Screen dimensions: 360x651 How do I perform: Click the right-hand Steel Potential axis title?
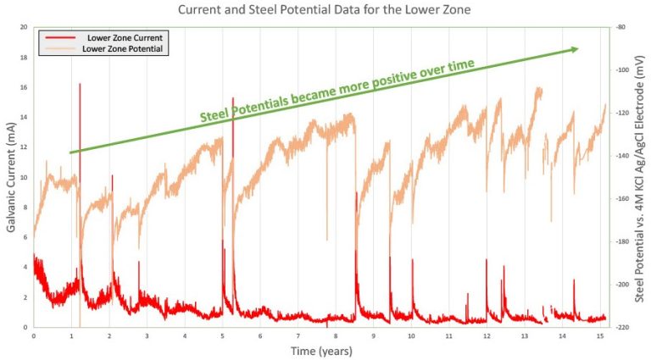pyautogui.click(x=641, y=177)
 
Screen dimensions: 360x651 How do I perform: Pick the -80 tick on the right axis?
pyautogui.click(x=621, y=27)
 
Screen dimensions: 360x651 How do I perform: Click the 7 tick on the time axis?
pyautogui.click(x=298, y=335)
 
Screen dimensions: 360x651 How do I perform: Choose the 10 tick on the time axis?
pyautogui.click(x=411, y=335)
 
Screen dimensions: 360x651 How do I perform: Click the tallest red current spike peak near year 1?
pyautogui.click(x=80, y=84)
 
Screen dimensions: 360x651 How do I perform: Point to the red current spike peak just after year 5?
pyautogui.click(x=232, y=98)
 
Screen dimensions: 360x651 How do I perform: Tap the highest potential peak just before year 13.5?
pyautogui.click(x=538, y=87)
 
